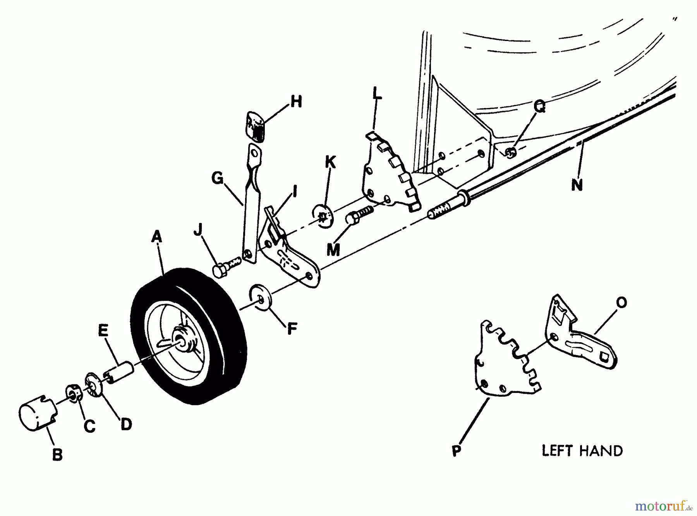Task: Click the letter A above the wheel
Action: pos(156,236)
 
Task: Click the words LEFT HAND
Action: pos(582,451)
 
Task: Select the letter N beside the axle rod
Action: pos(577,185)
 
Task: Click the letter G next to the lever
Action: pos(218,178)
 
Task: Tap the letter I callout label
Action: pos(295,191)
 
